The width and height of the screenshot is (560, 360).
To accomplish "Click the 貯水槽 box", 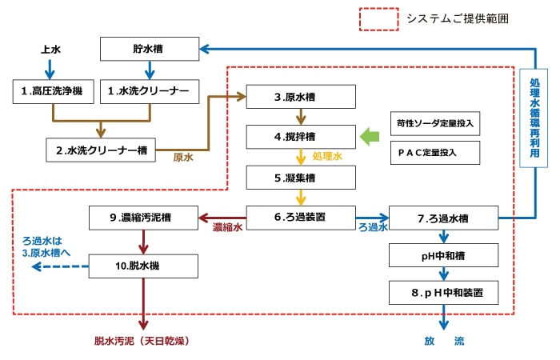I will click(x=148, y=50).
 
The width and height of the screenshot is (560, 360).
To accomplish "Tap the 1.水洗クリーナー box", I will click(x=148, y=91).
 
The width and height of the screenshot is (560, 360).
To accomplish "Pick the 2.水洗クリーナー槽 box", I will click(x=100, y=149).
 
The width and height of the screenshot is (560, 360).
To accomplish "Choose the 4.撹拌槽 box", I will click(x=301, y=137).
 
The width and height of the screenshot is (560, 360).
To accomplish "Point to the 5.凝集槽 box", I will click(x=301, y=176).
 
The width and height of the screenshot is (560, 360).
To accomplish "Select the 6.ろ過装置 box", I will click(x=301, y=216).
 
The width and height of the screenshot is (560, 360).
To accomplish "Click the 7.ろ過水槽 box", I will click(x=443, y=217).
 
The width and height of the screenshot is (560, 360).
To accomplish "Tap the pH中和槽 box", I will click(x=443, y=255).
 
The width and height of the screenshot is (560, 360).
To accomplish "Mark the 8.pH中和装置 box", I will click(x=443, y=293).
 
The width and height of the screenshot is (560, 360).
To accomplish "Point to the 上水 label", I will click(x=51, y=50).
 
